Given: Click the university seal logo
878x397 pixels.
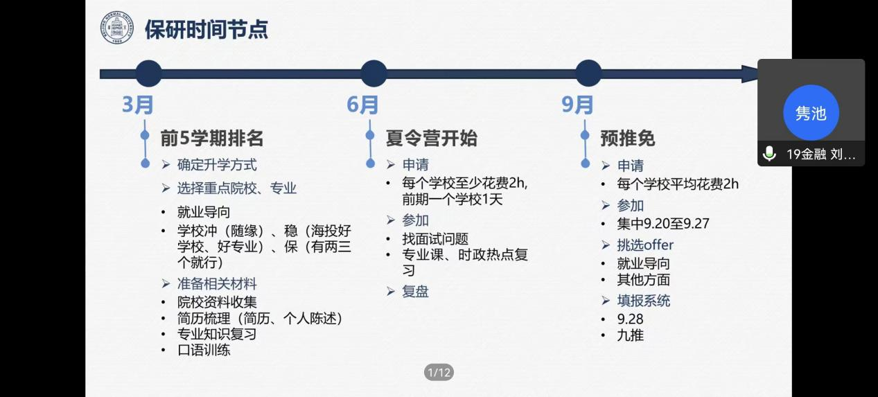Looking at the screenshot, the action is (x=117, y=28).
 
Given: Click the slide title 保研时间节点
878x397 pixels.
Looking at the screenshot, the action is (x=207, y=29).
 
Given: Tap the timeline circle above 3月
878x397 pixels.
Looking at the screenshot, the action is (x=148, y=73).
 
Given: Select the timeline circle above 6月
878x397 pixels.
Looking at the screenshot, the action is (x=374, y=73).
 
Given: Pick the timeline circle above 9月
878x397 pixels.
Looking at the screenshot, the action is (x=588, y=73).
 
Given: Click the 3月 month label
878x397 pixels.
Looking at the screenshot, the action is (x=138, y=105).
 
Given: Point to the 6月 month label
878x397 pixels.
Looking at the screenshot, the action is (x=362, y=105).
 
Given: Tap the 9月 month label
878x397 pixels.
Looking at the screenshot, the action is (x=577, y=105).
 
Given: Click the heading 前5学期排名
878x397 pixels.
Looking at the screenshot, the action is (x=212, y=139).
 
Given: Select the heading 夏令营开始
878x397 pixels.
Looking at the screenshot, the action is (x=432, y=139).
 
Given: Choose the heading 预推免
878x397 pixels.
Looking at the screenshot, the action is (x=628, y=139).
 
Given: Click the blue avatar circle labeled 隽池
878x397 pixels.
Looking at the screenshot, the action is (x=811, y=113).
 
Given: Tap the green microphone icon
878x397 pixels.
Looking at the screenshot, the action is (x=769, y=154).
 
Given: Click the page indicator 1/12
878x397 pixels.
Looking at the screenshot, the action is (x=439, y=372).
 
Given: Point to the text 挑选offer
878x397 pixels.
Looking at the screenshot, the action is (x=645, y=245).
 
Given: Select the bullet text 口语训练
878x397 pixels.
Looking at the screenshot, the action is (x=204, y=350).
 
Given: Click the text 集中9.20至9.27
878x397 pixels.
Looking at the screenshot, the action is (x=663, y=224).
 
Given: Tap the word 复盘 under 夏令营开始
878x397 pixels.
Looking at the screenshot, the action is (x=416, y=292).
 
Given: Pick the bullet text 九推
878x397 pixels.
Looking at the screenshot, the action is (x=631, y=335).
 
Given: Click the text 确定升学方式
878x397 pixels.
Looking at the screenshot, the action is (x=217, y=165).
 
